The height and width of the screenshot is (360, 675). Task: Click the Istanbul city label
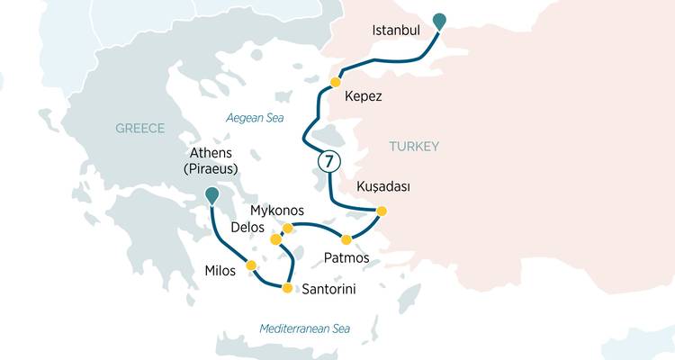[x=396, y=31]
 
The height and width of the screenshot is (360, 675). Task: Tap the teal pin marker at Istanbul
[x=438, y=21]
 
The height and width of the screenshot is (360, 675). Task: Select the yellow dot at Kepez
[x=335, y=83]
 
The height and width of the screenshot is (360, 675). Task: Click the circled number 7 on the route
[x=329, y=162]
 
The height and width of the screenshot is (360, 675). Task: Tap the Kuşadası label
[x=383, y=186]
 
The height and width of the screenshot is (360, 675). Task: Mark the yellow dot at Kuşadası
[x=381, y=211]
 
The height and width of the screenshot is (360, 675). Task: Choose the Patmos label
[x=346, y=258]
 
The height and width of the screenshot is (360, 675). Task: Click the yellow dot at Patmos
[x=346, y=238]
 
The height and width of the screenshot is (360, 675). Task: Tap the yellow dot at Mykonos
[x=288, y=229]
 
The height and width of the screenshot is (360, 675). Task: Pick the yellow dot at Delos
[x=276, y=239]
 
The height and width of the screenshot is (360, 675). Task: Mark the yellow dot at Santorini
[x=287, y=288]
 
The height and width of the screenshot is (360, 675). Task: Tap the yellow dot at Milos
[x=252, y=265]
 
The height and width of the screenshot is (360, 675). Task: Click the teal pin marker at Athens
[x=211, y=193]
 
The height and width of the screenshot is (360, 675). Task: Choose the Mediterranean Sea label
[x=304, y=328]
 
